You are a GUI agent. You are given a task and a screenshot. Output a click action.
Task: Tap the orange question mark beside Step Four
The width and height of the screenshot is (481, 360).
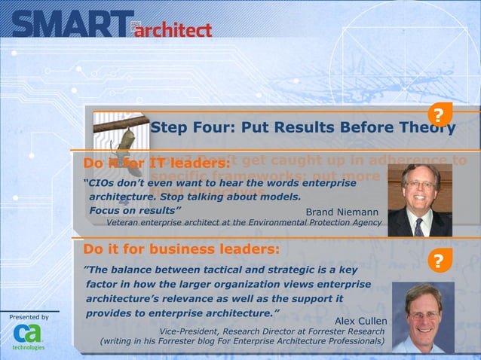[x=439, y=114]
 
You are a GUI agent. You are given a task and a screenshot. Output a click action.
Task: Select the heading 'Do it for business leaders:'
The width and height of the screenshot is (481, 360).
[x=182, y=249]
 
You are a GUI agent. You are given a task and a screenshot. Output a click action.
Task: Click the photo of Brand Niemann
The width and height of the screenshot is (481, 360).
[x=419, y=200]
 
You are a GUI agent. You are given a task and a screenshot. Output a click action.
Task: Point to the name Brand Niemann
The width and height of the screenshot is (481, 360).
[x=342, y=212]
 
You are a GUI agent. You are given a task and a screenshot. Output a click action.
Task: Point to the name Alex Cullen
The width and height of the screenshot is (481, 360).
[x=360, y=322]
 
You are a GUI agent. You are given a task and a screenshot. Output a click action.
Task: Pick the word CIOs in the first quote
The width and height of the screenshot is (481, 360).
[x=103, y=183]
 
